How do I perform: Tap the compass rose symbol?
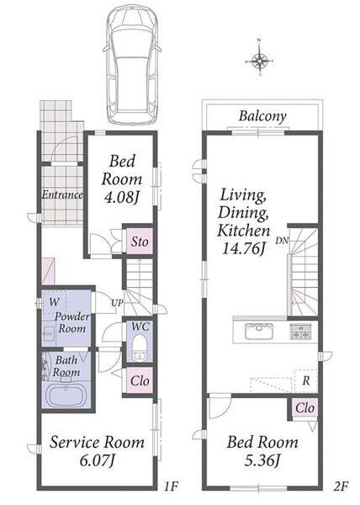(x=260, y=61)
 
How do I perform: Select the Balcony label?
(x=262, y=116)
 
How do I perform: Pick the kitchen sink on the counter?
(x=259, y=332)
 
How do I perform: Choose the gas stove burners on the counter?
(x=300, y=332)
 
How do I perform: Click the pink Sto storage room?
(x=140, y=242)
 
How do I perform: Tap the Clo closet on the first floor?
(x=140, y=380)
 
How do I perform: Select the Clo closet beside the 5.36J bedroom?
(x=304, y=408)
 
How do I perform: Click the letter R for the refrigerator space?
(x=306, y=381)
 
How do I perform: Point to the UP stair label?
(x=117, y=303)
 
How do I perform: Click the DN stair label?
(x=282, y=240)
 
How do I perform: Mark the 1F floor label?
(x=171, y=486)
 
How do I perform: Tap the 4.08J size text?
(x=122, y=197)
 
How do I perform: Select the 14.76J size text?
(x=244, y=248)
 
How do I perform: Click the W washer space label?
(x=54, y=302)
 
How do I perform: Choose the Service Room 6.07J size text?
(x=98, y=460)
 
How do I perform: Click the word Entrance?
(x=62, y=194)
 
